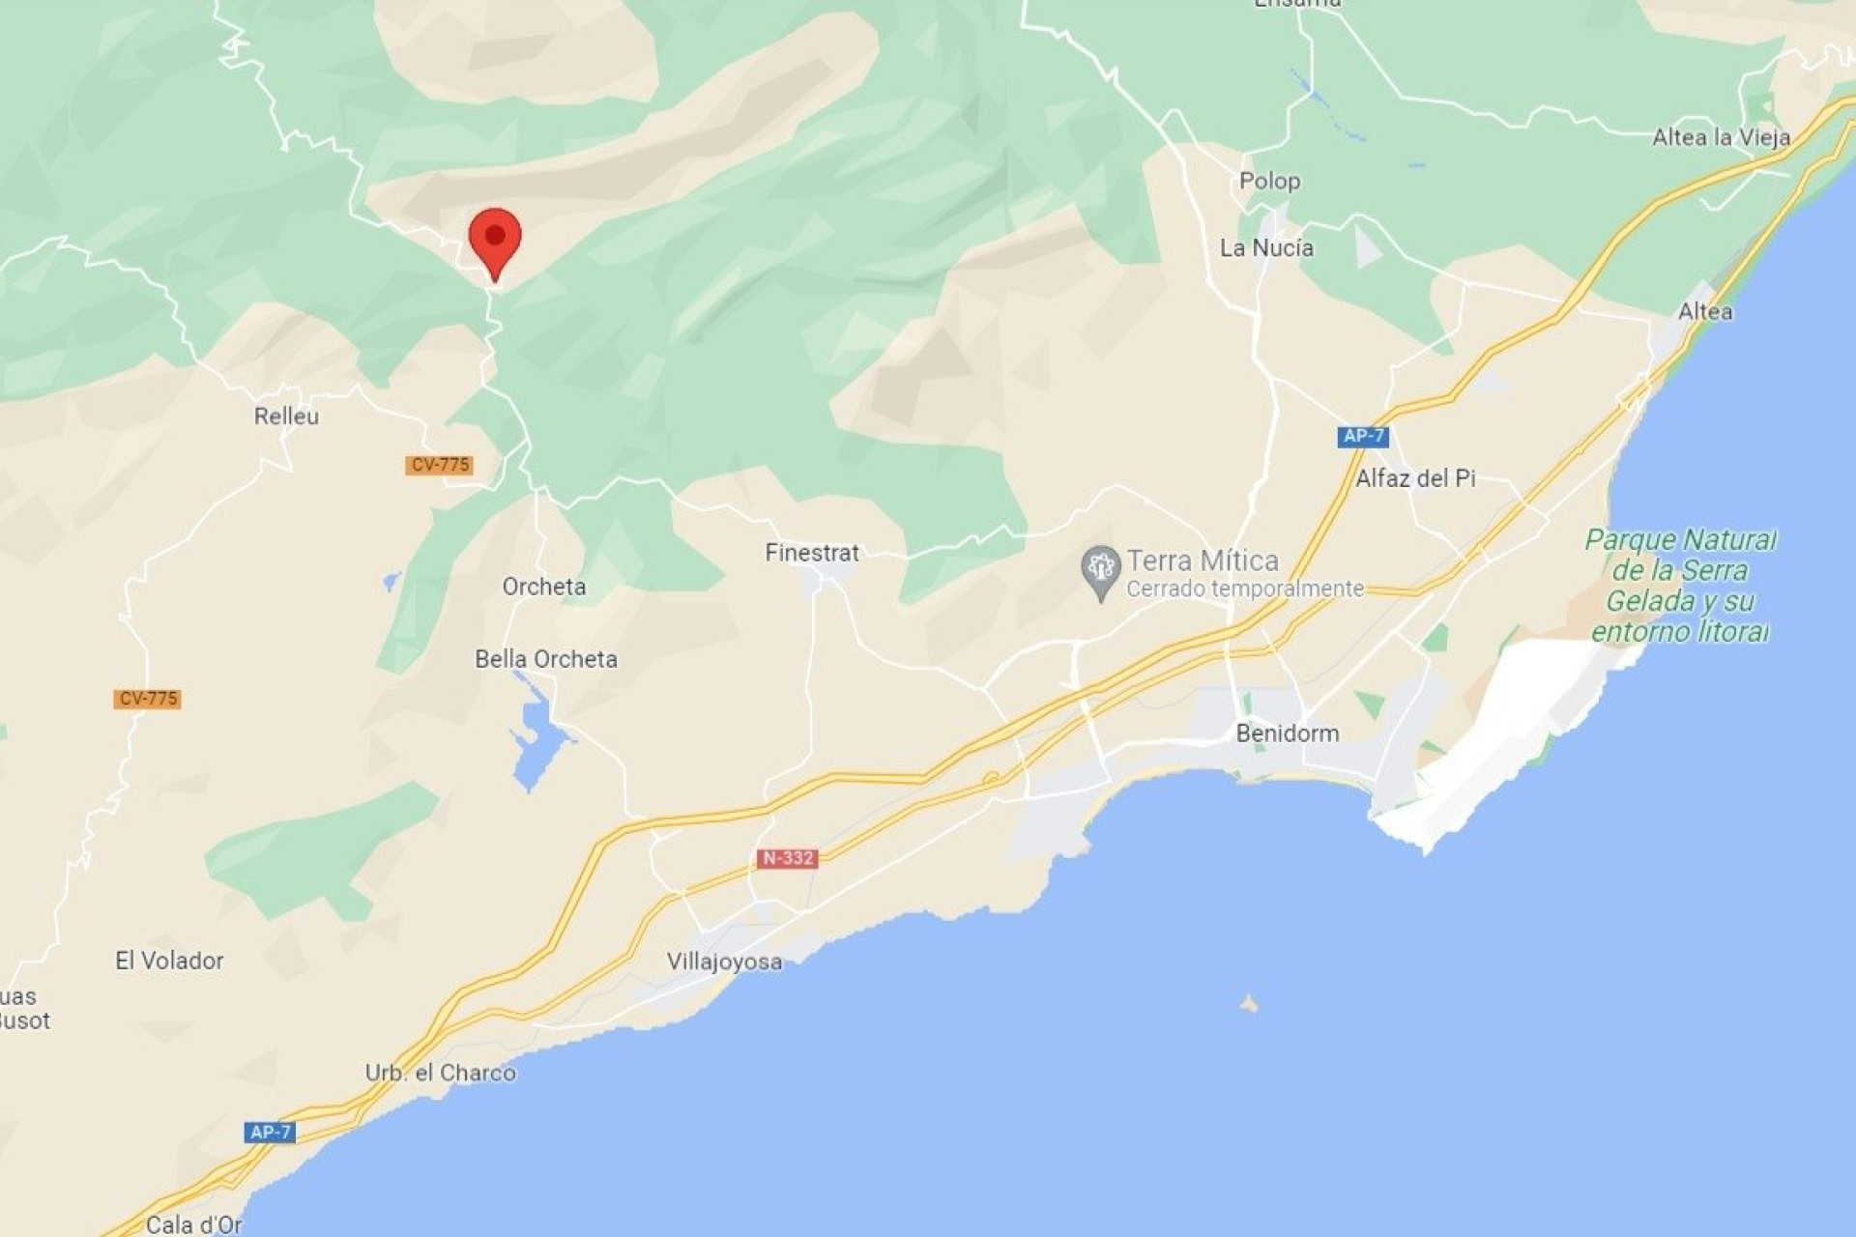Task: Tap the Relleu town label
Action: [286, 417]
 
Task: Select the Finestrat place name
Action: [812, 553]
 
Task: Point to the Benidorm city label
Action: [1288, 734]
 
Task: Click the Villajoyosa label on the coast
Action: [724, 962]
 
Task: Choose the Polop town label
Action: [1269, 182]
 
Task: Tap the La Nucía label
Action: [1266, 248]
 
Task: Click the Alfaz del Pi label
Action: [1415, 478]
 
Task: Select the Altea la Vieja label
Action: [1721, 137]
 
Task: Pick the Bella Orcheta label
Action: [546, 659]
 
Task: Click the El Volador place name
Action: [169, 961]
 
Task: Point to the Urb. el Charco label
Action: [441, 1073]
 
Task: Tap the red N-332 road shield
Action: [787, 858]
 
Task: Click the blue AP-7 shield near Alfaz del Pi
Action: [1363, 436]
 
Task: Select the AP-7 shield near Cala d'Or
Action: [270, 1132]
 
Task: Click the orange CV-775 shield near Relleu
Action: [440, 465]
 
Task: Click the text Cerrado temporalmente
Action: [1245, 589]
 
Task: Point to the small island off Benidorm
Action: [1249, 1004]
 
